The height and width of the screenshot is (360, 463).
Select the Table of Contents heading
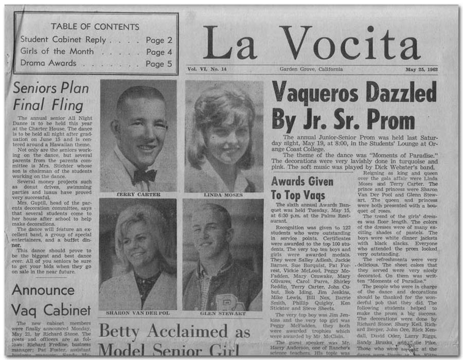click(x=95, y=26)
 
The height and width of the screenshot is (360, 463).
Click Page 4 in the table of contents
click(x=159, y=51)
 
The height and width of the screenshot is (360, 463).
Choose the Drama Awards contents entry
click(x=48, y=63)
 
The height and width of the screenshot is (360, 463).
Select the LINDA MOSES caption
click(x=223, y=195)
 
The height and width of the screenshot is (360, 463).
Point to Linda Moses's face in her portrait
click(x=223, y=136)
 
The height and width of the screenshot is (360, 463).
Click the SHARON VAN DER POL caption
click(x=137, y=313)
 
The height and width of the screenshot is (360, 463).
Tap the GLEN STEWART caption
click(x=223, y=313)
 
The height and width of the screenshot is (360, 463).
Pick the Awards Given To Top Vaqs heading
click(x=301, y=188)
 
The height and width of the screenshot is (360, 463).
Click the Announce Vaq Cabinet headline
click(x=51, y=300)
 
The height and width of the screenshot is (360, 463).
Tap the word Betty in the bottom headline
click(x=122, y=331)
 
